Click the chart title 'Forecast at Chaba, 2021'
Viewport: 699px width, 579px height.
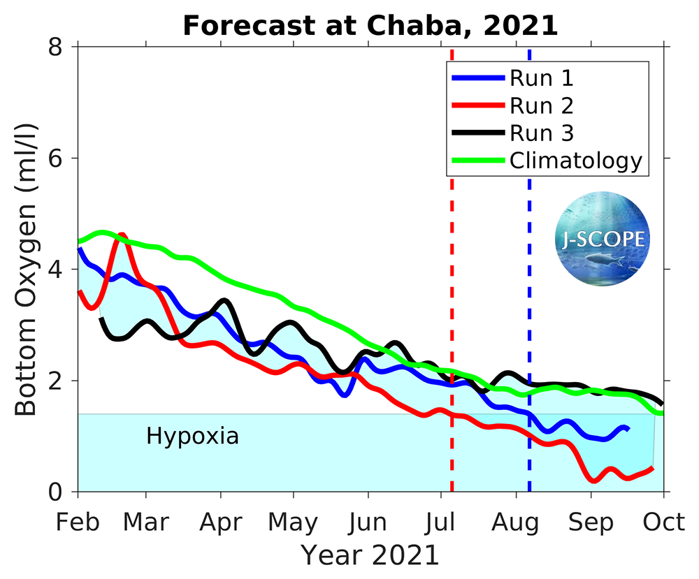click(370, 25)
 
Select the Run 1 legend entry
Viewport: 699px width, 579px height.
click(542, 78)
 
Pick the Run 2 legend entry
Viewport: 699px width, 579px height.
click(542, 105)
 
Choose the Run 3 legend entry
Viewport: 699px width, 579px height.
click(542, 133)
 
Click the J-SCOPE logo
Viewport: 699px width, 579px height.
click(602, 240)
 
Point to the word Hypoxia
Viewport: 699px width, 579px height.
click(192, 437)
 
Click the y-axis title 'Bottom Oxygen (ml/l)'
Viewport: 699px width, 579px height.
click(27, 270)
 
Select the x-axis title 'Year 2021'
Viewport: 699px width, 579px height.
click(370, 555)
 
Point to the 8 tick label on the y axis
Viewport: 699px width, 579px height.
click(56, 47)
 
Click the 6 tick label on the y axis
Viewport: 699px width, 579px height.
click(56, 158)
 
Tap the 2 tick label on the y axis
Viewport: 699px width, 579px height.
click(56, 381)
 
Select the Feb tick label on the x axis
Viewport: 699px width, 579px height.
click(77, 522)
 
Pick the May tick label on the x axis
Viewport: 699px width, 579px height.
click(294, 522)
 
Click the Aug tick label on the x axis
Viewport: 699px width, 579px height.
click(515, 522)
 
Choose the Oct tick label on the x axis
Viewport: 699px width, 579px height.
click(663, 522)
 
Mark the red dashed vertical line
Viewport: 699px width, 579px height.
click(452, 279)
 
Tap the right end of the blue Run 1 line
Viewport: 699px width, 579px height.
click(628, 427)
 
